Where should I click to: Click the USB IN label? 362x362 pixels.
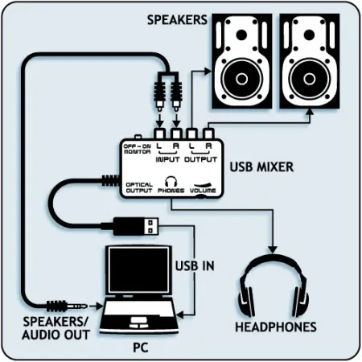[x=195, y=265]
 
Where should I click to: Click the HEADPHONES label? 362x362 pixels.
[x=275, y=327]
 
